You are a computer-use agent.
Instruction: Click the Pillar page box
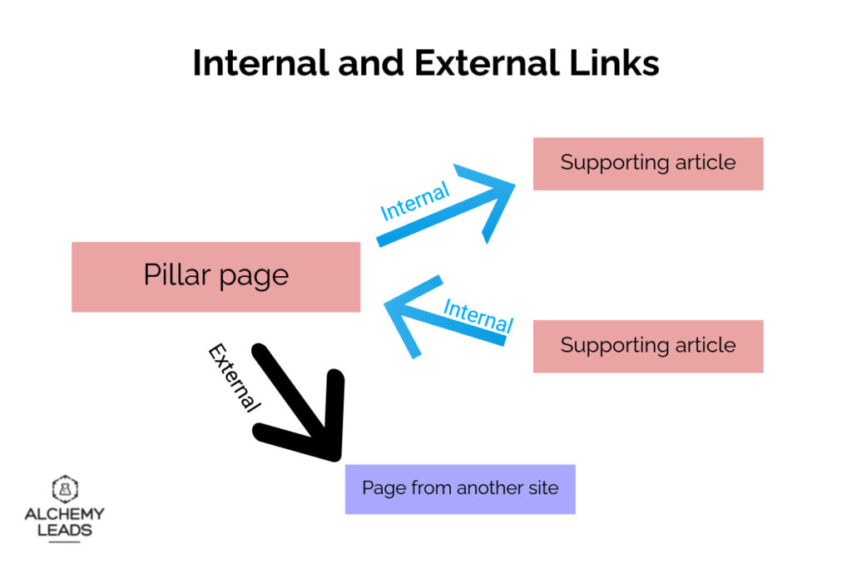click(215, 277)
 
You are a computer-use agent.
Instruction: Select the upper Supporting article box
click(647, 163)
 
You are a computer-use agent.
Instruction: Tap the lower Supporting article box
click(647, 346)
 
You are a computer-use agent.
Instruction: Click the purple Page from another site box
click(459, 489)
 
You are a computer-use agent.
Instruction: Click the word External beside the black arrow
click(234, 378)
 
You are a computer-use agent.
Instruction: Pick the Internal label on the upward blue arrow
click(414, 202)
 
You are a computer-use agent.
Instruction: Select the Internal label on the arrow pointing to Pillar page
click(478, 315)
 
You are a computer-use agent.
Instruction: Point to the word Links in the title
click(617, 63)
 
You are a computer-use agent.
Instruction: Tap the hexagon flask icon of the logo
click(64, 489)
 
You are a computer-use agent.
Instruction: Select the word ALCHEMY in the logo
click(64, 514)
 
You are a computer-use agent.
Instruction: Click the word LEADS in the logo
click(64, 530)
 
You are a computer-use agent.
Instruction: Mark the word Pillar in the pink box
click(174, 274)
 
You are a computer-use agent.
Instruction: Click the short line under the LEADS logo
click(64, 542)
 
